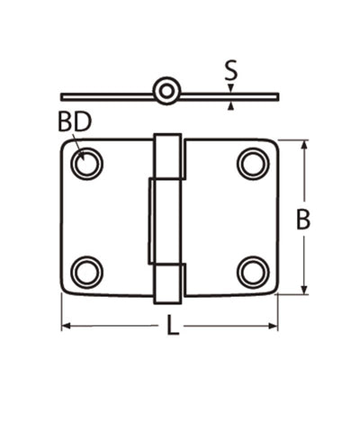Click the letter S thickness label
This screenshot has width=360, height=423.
pos(231,69)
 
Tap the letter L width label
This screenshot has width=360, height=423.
pos(173,326)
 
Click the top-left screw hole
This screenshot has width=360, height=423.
pos(87,164)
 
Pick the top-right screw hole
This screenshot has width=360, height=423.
pos(253,164)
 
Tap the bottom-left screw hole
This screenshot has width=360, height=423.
pos(87,271)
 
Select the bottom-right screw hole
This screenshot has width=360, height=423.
pos(253,271)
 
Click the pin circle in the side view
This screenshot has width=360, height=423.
pos(167,91)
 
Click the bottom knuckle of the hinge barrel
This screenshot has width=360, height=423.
pos(167,283)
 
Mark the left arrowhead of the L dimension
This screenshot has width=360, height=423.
pos(67,326)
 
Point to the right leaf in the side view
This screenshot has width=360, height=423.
pos(229,95)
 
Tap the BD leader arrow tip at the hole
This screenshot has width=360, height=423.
pos(82,157)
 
